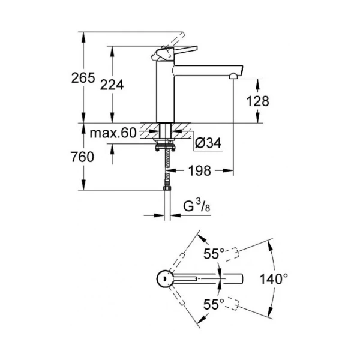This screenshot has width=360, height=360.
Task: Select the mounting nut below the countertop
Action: coord(164,145)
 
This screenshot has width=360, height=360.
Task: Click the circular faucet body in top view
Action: coord(163,278)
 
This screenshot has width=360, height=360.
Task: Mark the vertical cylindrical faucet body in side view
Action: coord(164,90)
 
